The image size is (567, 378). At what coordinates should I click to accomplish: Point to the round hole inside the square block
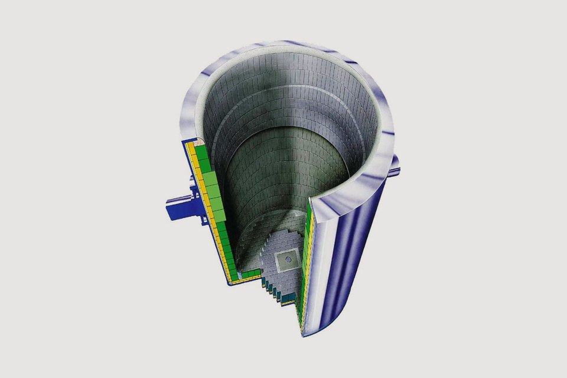288,259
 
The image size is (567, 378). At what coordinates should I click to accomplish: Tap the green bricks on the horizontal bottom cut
251,273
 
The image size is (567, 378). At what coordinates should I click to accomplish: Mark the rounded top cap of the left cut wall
195,142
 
